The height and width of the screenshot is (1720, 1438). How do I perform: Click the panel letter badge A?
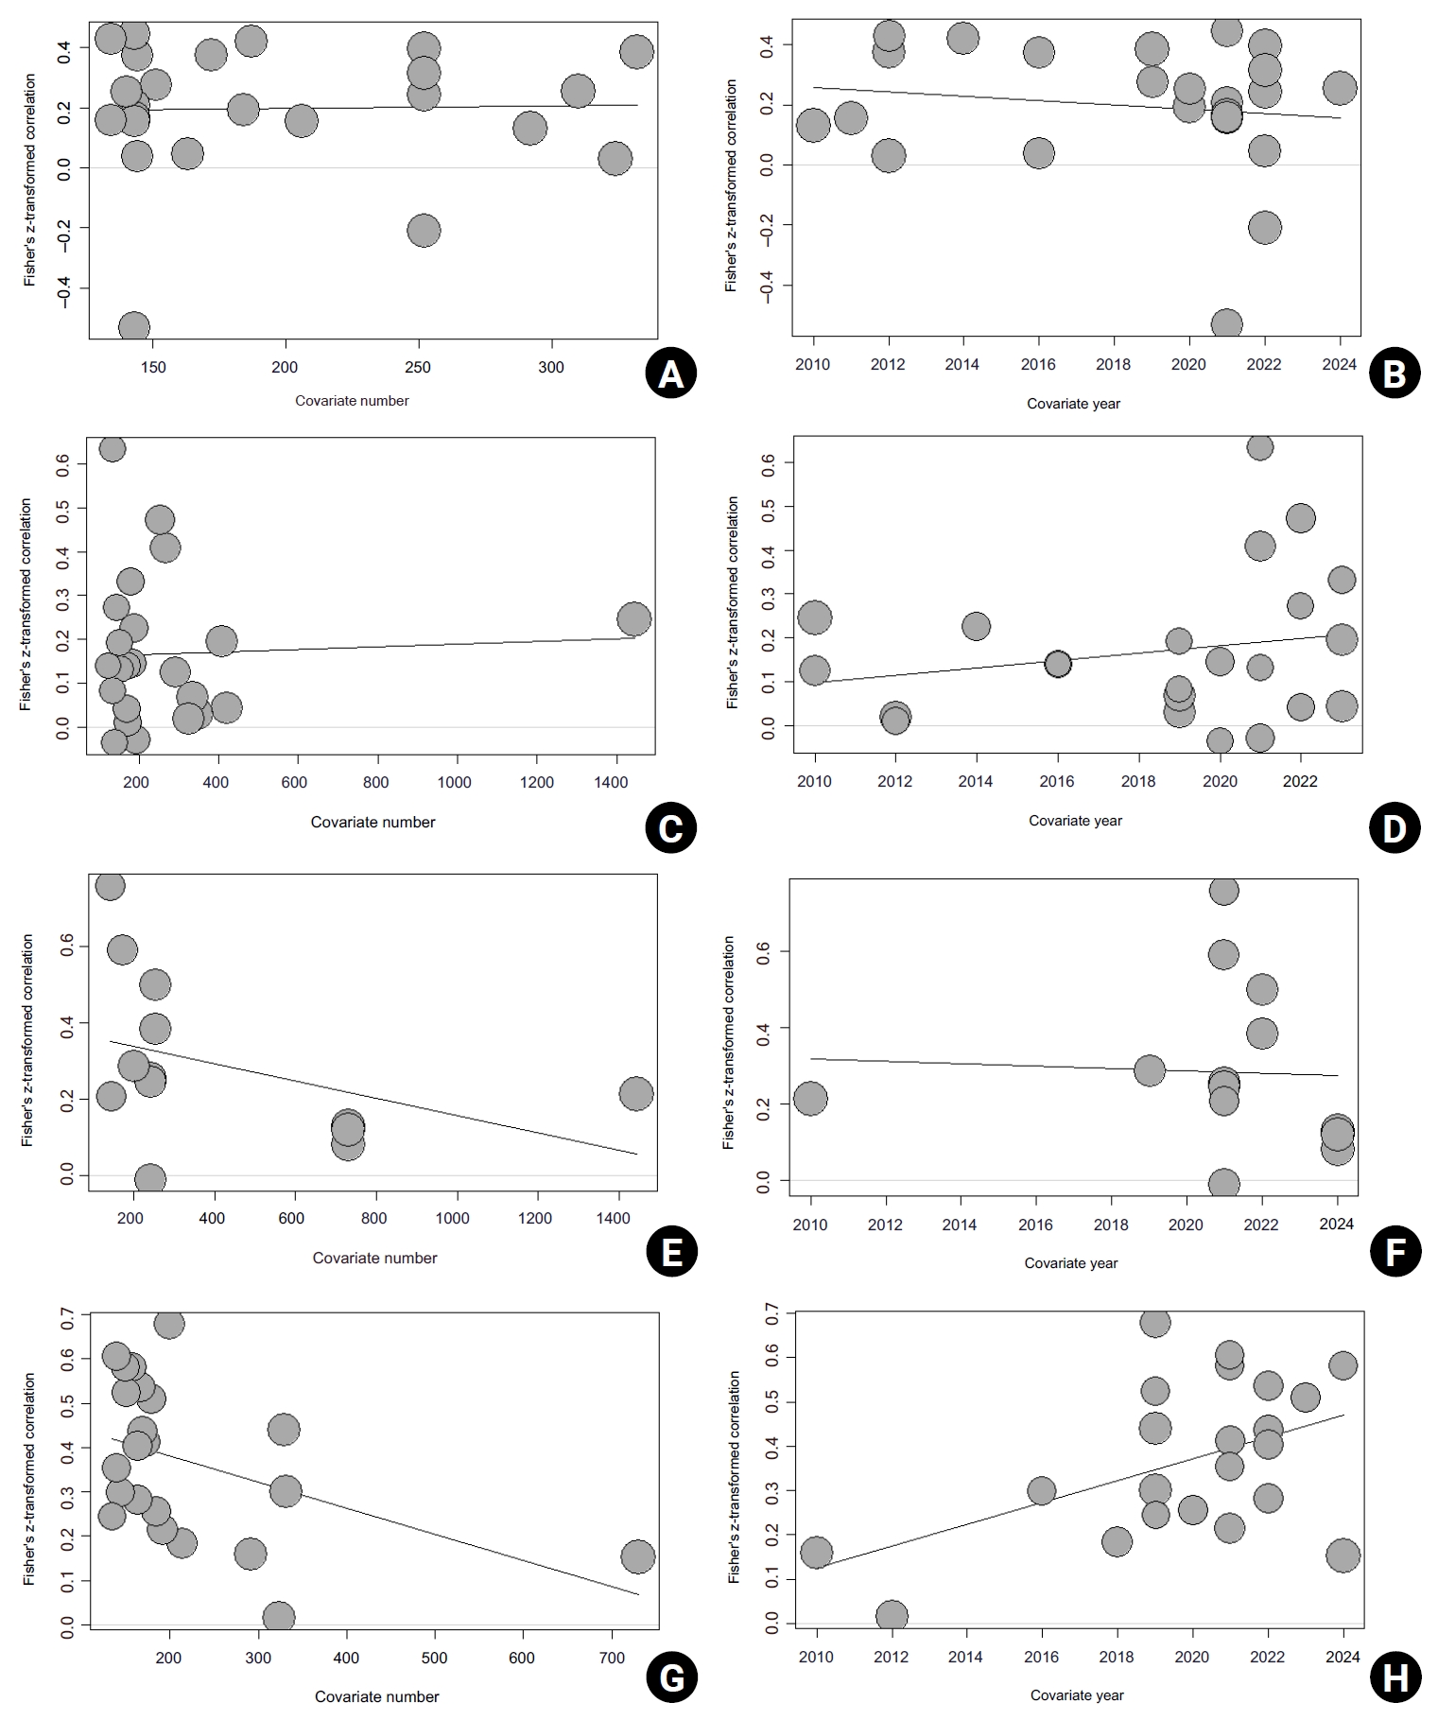[x=670, y=374]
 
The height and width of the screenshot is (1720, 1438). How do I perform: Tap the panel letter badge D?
[x=1394, y=827]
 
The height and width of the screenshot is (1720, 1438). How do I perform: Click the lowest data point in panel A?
[x=134, y=327]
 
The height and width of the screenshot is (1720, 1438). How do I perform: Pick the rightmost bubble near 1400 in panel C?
[x=633, y=619]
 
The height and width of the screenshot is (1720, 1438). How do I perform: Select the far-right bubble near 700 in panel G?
[x=638, y=1555]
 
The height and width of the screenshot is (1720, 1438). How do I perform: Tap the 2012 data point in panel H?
[x=892, y=1616]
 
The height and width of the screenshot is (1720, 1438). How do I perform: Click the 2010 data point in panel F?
[x=810, y=1099]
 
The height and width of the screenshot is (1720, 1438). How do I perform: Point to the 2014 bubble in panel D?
[x=976, y=626]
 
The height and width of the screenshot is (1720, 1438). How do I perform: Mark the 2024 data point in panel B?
[x=1339, y=88]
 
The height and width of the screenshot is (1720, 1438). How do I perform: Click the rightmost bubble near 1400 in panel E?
[x=635, y=1093]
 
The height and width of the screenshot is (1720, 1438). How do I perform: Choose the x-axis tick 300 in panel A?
[x=551, y=368]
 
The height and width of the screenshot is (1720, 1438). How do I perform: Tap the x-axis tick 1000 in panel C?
[x=456, y=782]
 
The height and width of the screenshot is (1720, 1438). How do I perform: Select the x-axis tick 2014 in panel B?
[x=962, y=365]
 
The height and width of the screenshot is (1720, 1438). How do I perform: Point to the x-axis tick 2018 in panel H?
[x=1117, y=1657]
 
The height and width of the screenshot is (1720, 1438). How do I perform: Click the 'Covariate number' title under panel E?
[x=374, y=1258]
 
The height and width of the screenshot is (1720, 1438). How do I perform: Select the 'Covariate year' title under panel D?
[x=1075, y=821]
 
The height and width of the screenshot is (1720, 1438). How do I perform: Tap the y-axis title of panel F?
[x=729, y=1043]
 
